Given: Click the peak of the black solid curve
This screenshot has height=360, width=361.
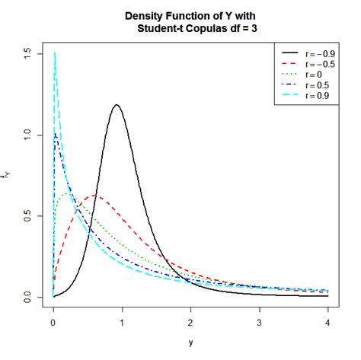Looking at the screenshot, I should pyautogui.click(x=117, y=105).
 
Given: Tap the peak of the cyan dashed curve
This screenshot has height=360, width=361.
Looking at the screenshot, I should pyautogui.click(x=55, y=53).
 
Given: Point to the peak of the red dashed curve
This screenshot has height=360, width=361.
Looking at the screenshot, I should pyautogui.click(x=94, y=196).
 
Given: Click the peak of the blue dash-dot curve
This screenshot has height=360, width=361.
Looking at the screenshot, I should pyautogui.click(x=55, y=135).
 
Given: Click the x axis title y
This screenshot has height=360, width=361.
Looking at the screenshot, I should pyautogui.click(x=190, y=342).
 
